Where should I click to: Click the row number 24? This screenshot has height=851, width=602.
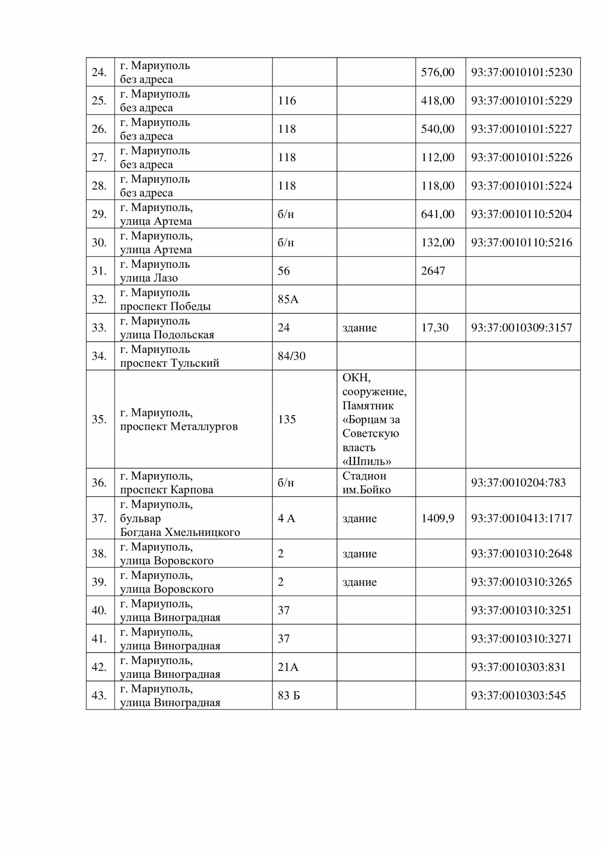point(99,72)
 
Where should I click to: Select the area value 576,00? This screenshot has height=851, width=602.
point(437,72)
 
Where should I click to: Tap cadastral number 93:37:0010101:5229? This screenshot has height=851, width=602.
point(521,101)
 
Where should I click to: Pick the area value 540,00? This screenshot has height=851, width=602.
point(437,129)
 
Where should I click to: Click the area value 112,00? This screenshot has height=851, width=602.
point(437,157)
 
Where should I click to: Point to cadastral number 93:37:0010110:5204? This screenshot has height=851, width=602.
point(521,214)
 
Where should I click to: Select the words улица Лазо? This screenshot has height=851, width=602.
point(149,278)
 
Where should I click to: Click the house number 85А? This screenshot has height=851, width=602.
point(288,299)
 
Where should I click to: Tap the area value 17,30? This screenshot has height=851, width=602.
point(434,328)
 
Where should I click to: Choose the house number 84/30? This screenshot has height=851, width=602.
point(292,356)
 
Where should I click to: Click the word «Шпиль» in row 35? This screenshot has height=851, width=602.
point(367,462)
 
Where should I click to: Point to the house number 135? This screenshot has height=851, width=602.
point(286,419)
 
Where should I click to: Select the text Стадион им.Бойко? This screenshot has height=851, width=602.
point(366,483)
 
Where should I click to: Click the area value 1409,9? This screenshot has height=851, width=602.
point(437,518)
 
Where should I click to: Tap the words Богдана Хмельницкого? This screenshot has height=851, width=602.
point(180,532)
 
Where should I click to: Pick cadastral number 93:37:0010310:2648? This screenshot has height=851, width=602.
point(521,554)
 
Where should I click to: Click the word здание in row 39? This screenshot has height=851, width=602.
point(359,582)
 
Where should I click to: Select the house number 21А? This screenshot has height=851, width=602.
point(288,667)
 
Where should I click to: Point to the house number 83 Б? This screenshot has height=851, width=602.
point(289,695)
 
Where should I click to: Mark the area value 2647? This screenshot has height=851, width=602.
point(433,271)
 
